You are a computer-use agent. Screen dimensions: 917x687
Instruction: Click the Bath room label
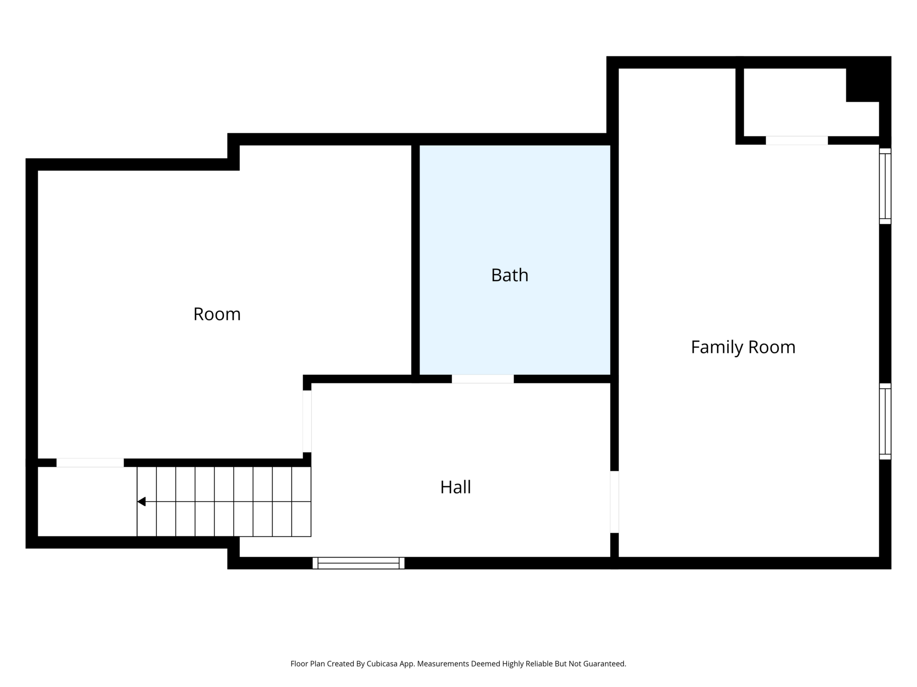point(510,275)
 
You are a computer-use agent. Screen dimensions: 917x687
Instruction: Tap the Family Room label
point(743,347)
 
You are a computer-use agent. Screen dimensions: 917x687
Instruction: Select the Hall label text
point(456,487)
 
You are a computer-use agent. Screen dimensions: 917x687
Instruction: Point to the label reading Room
point(217,314)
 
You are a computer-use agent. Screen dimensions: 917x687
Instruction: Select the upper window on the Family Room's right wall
point(885,186)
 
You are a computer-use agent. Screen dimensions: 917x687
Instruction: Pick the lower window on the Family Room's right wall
point(885,421)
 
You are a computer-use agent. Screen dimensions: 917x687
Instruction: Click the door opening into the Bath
point(482,379)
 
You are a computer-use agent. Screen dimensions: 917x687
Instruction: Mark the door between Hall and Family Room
point(614,502)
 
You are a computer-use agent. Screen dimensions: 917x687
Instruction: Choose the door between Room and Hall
point(307,421)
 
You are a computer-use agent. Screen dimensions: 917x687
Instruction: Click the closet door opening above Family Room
point(797,141)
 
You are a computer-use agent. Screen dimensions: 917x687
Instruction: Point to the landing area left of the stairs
point(87,501)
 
